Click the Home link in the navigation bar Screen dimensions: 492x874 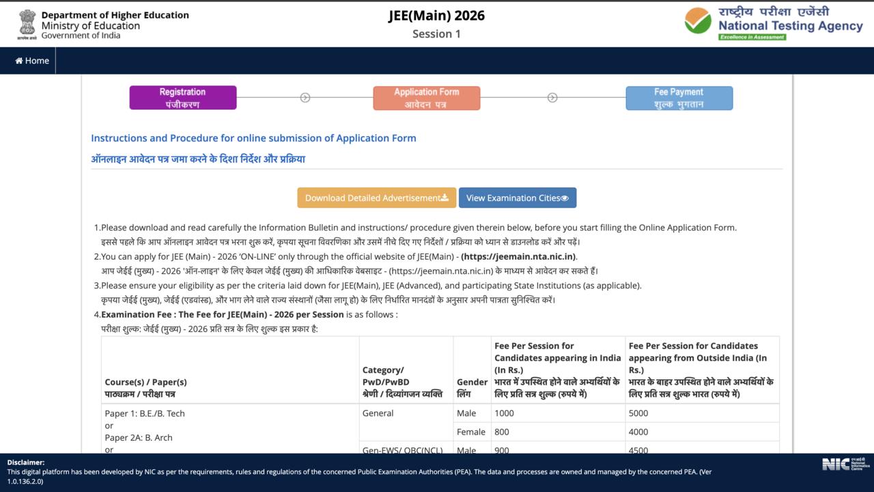[x=32, y=61]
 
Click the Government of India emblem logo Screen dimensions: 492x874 [x=27, y=24]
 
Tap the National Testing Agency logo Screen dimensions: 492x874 [x=774, y=23]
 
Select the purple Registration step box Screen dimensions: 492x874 [x=183, y=98]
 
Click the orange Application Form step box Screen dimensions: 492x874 [x=427, y=98]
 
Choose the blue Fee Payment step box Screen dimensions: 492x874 [x=679, y=98]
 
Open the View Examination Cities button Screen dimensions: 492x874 [x=517, y=198]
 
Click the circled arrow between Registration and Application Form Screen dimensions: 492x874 [x=305, y=98]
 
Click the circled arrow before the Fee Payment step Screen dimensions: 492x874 [x=552, y=98]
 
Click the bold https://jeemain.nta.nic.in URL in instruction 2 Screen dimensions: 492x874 [x=518, y=257]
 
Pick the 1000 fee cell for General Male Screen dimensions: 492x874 [x=505, y=413]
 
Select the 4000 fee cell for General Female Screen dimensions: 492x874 [x=638, y=432]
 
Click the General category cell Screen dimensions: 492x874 [x=378, y=413]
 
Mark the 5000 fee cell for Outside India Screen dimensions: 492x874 [x=638, y=413]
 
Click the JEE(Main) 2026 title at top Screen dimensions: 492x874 [x=436, y=16]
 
